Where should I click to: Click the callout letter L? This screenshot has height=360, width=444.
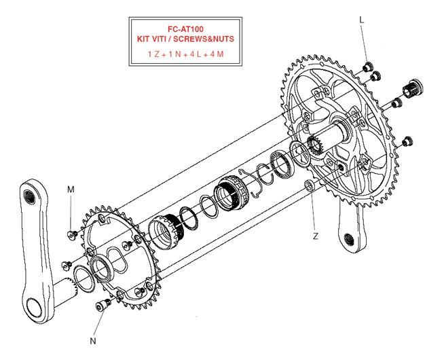pos(362,20)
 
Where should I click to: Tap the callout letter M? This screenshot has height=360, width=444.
pos(71,190)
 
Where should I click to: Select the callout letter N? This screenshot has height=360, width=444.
pos(93,341)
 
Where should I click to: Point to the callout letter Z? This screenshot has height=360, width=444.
pos(316,236)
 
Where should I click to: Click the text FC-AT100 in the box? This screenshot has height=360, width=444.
pos(186,29)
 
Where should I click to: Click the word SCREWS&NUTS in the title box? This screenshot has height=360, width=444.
pos(204,39)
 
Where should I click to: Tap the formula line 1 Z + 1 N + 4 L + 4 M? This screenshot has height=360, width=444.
pos(186,54)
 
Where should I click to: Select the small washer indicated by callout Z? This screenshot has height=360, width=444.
pos(309,185)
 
